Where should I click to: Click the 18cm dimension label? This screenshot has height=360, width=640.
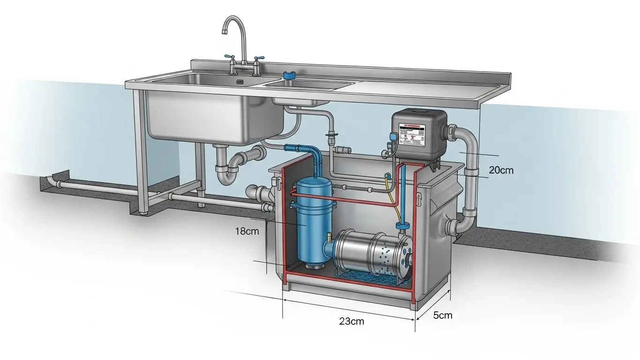point(246,231)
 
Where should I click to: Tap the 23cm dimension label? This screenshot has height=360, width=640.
point(351,321)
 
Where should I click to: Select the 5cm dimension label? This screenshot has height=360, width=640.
point(442,315)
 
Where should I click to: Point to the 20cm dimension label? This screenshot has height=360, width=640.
point(501,170)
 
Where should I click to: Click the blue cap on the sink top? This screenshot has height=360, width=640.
point(289,75)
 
